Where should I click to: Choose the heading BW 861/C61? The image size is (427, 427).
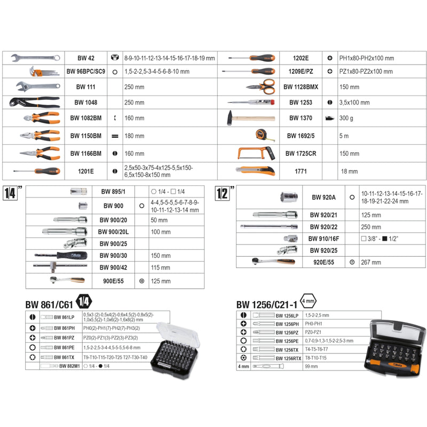click(50, 305)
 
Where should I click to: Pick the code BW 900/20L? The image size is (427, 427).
click(113, 232)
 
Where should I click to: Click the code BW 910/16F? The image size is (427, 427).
click(321, 239)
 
